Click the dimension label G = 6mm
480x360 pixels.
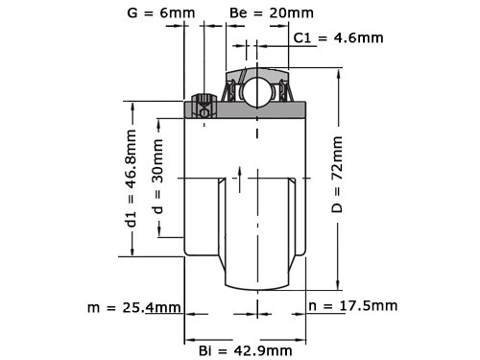click(x=161, y=13)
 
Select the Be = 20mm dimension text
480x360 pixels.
click(x=272, y=13)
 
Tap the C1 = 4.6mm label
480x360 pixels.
click(x=338, y=38)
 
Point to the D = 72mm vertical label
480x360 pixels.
click(x=337, y=175)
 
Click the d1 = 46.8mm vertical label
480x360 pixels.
click(x=132, y=178)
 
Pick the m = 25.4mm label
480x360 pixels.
click(x=134, y=307)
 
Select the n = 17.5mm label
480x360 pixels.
click(x=353, y=306)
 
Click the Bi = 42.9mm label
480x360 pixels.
click(x=246, y=350)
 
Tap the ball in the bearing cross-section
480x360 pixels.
click(x=255, y=92)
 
